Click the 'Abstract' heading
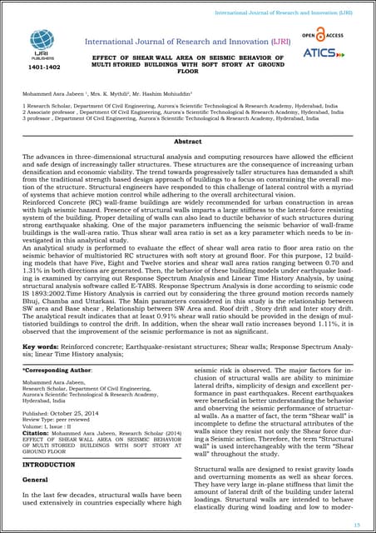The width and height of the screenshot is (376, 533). pyautogui.click(x=187, y=142)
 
